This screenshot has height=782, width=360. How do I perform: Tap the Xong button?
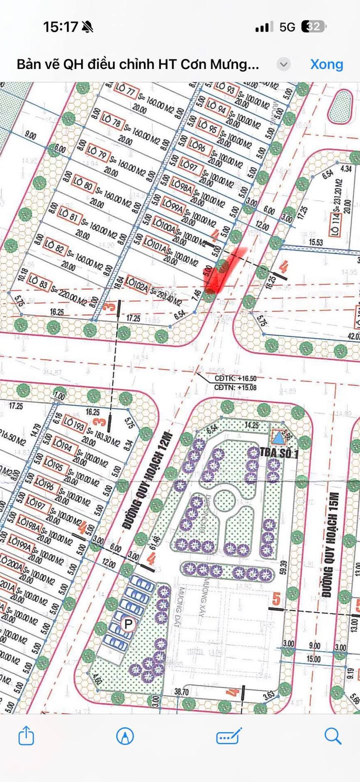326,64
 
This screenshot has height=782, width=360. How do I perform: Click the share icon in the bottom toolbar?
26,736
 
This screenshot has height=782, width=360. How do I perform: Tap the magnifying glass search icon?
332,736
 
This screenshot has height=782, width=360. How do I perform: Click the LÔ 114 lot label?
336,225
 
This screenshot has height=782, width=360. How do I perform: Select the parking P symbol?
128,624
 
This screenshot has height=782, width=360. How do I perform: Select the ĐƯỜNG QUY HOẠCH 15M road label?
329,545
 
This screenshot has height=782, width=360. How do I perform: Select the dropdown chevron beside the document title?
283,64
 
